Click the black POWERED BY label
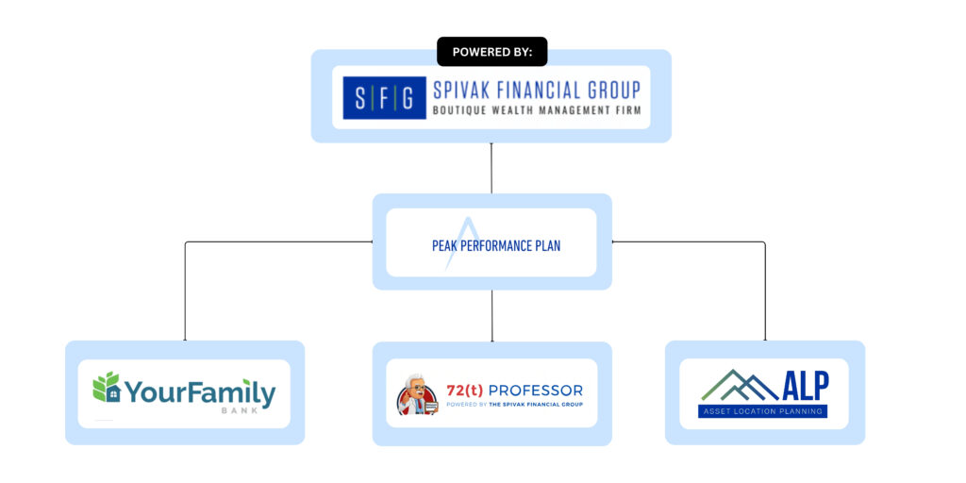click(491, 52)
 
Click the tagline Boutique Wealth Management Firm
click(536, 110)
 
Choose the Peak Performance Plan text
click(495, 246)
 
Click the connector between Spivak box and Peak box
click(491, 168)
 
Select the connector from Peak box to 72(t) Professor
click(491, 315)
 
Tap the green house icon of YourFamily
click(107, 388)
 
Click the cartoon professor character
click(416, 396)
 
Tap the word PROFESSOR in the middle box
click(541, 391)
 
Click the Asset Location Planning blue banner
click(763, 411)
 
